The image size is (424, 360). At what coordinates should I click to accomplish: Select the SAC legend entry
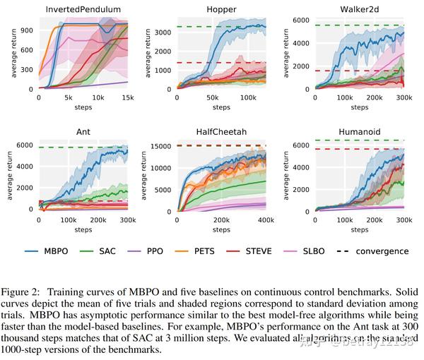pos(113,251)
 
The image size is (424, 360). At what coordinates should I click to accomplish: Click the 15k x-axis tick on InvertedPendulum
pos(129,98)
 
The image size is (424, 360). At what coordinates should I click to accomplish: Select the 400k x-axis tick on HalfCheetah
pos(266,220)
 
